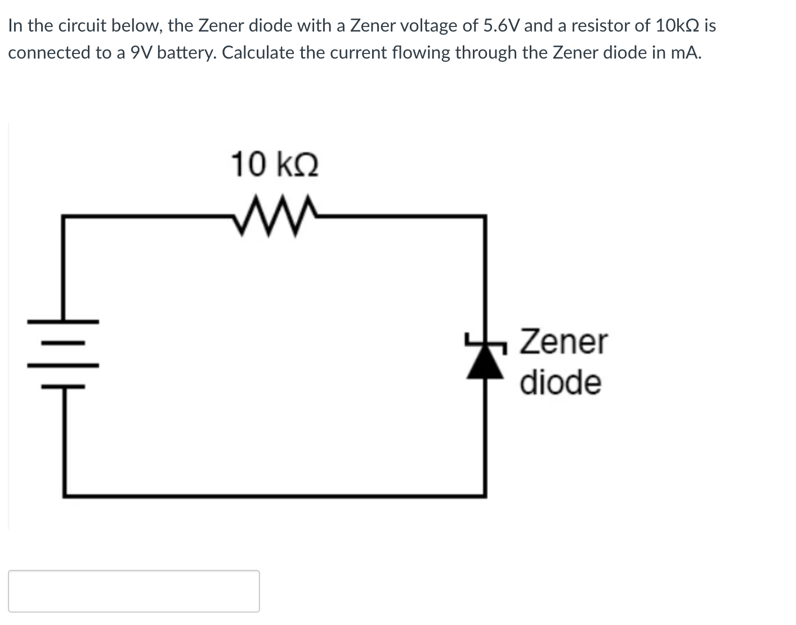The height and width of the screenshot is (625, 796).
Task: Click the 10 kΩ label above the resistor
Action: [x=275, y=164]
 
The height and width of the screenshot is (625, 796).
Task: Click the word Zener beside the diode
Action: [x=564, y=342]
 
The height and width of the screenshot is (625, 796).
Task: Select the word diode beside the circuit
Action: [x=560, y=382]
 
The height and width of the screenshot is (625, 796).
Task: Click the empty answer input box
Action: [x=134, y=591]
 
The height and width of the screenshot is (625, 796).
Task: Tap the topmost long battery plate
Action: [x=64, y=322]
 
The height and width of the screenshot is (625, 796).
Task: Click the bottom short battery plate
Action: [x=64, y=387]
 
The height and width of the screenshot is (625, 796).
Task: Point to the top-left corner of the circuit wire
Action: [x=64, y=216]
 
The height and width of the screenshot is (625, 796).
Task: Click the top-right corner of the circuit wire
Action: [x=485, y=216]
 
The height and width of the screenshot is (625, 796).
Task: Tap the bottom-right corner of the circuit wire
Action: [x=485, y=495]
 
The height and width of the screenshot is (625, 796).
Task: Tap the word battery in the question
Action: [x=187, y=52]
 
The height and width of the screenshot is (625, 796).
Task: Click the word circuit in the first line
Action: [x=82, y=25]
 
